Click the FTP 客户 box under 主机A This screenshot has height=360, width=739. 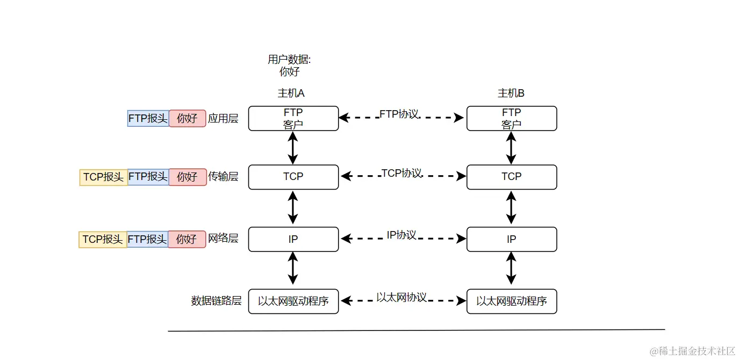point(293,118)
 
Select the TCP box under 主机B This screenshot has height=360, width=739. point(512,177)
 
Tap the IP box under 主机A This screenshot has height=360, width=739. point(293,239)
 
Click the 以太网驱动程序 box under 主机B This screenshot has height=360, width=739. point(512,301)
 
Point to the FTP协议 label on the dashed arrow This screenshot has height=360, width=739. point(399,114)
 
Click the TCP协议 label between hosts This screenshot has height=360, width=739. point(401,173)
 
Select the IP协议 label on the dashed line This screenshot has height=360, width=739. point(401,235)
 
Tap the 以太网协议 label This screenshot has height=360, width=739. point(401,297)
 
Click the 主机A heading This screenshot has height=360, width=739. point(291,93)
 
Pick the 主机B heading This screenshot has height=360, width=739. point(511,93)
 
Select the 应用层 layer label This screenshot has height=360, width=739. point(223,118)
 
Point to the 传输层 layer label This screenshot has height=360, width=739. point(223,176)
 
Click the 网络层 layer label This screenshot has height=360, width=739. point(223,239)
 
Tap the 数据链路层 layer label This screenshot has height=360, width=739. point(217,301)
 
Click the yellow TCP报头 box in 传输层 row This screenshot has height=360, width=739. point(104,177)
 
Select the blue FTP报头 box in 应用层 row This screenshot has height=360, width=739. point(148,118)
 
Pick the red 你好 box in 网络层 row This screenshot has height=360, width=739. point(187,239)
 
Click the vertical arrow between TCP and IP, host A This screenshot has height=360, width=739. point(293,208)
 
